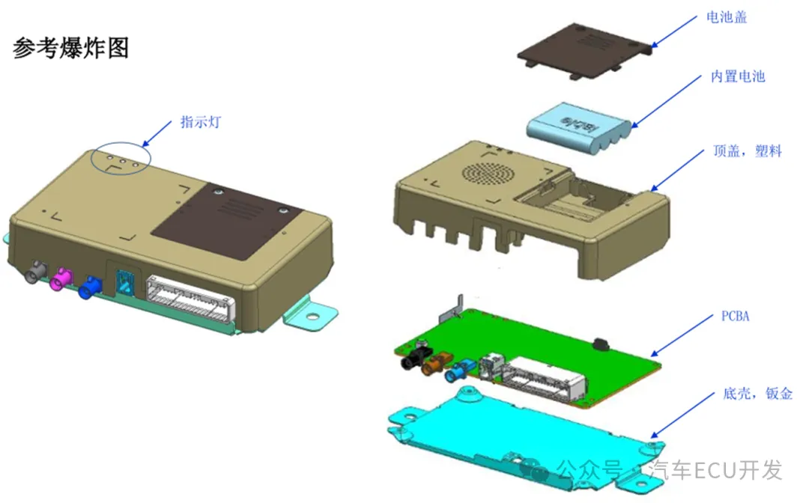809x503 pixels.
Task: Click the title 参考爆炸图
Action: tap(70, 48)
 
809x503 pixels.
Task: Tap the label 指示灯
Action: tap(201, 122)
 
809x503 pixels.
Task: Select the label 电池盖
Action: tap(727, 17)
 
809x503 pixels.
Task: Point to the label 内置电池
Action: tap(738, 76)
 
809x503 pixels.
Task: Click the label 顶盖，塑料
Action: tap(748, 150)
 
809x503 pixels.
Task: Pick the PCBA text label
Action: tap(735, 316)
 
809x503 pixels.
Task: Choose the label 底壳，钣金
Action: tap(757, 393)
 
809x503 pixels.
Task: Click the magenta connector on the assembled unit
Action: tap(60, 278)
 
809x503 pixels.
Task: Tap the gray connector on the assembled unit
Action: tap(35, 272)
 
